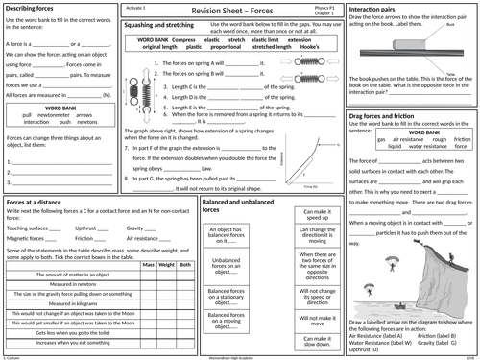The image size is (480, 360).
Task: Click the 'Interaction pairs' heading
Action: (379, 9)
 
